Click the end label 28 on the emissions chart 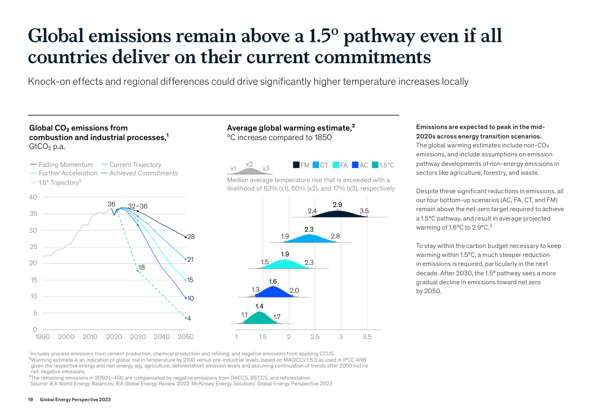(x=191, y=237)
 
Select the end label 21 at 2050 (x=191, y=260)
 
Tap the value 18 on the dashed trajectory (x=142, y=267)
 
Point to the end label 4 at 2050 (x=189, y=318)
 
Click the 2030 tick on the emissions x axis (x=138, y=337)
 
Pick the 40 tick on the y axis (x=33, y=197)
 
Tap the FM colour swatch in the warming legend (x=296, y=165)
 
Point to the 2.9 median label (x=338, y=204)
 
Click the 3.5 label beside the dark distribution (x=364, y=211)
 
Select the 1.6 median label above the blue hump (x=273, y=282)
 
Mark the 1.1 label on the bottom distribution (x=244, y=314)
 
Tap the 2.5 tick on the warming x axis (x=315, y=337)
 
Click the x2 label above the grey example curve (x=249, y=164)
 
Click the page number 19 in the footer (x=31, y=400)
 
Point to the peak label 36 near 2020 (x=111, y=204)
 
